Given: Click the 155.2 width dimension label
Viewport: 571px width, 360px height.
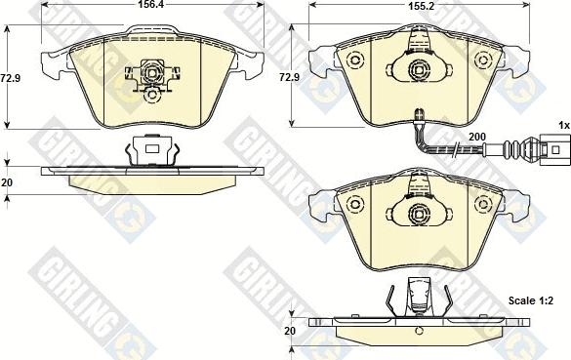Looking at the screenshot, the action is pos(419,6).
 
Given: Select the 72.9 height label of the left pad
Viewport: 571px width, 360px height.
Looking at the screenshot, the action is pos(11,78).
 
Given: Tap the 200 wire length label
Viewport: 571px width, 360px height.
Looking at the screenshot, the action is pos(477,137).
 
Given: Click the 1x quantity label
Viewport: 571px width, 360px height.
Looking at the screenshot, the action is pos(564,126).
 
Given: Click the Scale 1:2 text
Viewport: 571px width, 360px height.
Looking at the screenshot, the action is pos(531,300).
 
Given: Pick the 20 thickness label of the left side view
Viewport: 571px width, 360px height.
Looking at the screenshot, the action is pos(7,182).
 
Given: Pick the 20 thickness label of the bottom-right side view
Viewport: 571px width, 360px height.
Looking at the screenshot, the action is pos(290,331).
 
